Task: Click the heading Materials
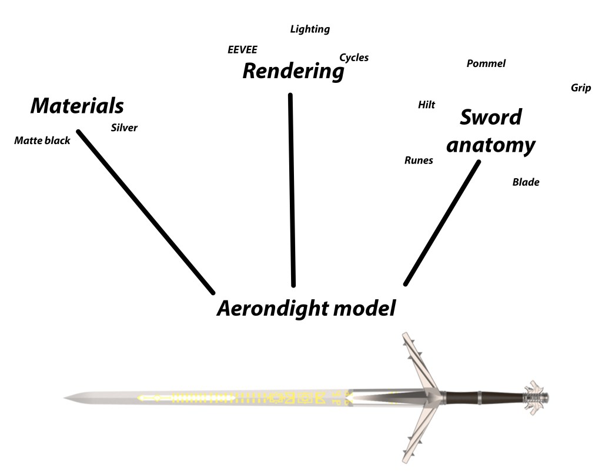point(77,106)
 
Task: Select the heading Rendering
point(293,72)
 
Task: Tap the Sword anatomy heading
point(490,131)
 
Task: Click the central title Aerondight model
point(306,308)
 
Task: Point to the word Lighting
point(310,29)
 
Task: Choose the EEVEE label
point(242,49)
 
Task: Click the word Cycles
point(354,58)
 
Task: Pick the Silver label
point(124,128)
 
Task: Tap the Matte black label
point(42,141)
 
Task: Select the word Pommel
point(486,63)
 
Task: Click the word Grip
point(580,88)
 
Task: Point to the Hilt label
point(426,105)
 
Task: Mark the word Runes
point(419,160)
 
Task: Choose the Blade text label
point(526,182)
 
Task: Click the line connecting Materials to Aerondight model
point(146,211)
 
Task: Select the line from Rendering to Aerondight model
point(292,189)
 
